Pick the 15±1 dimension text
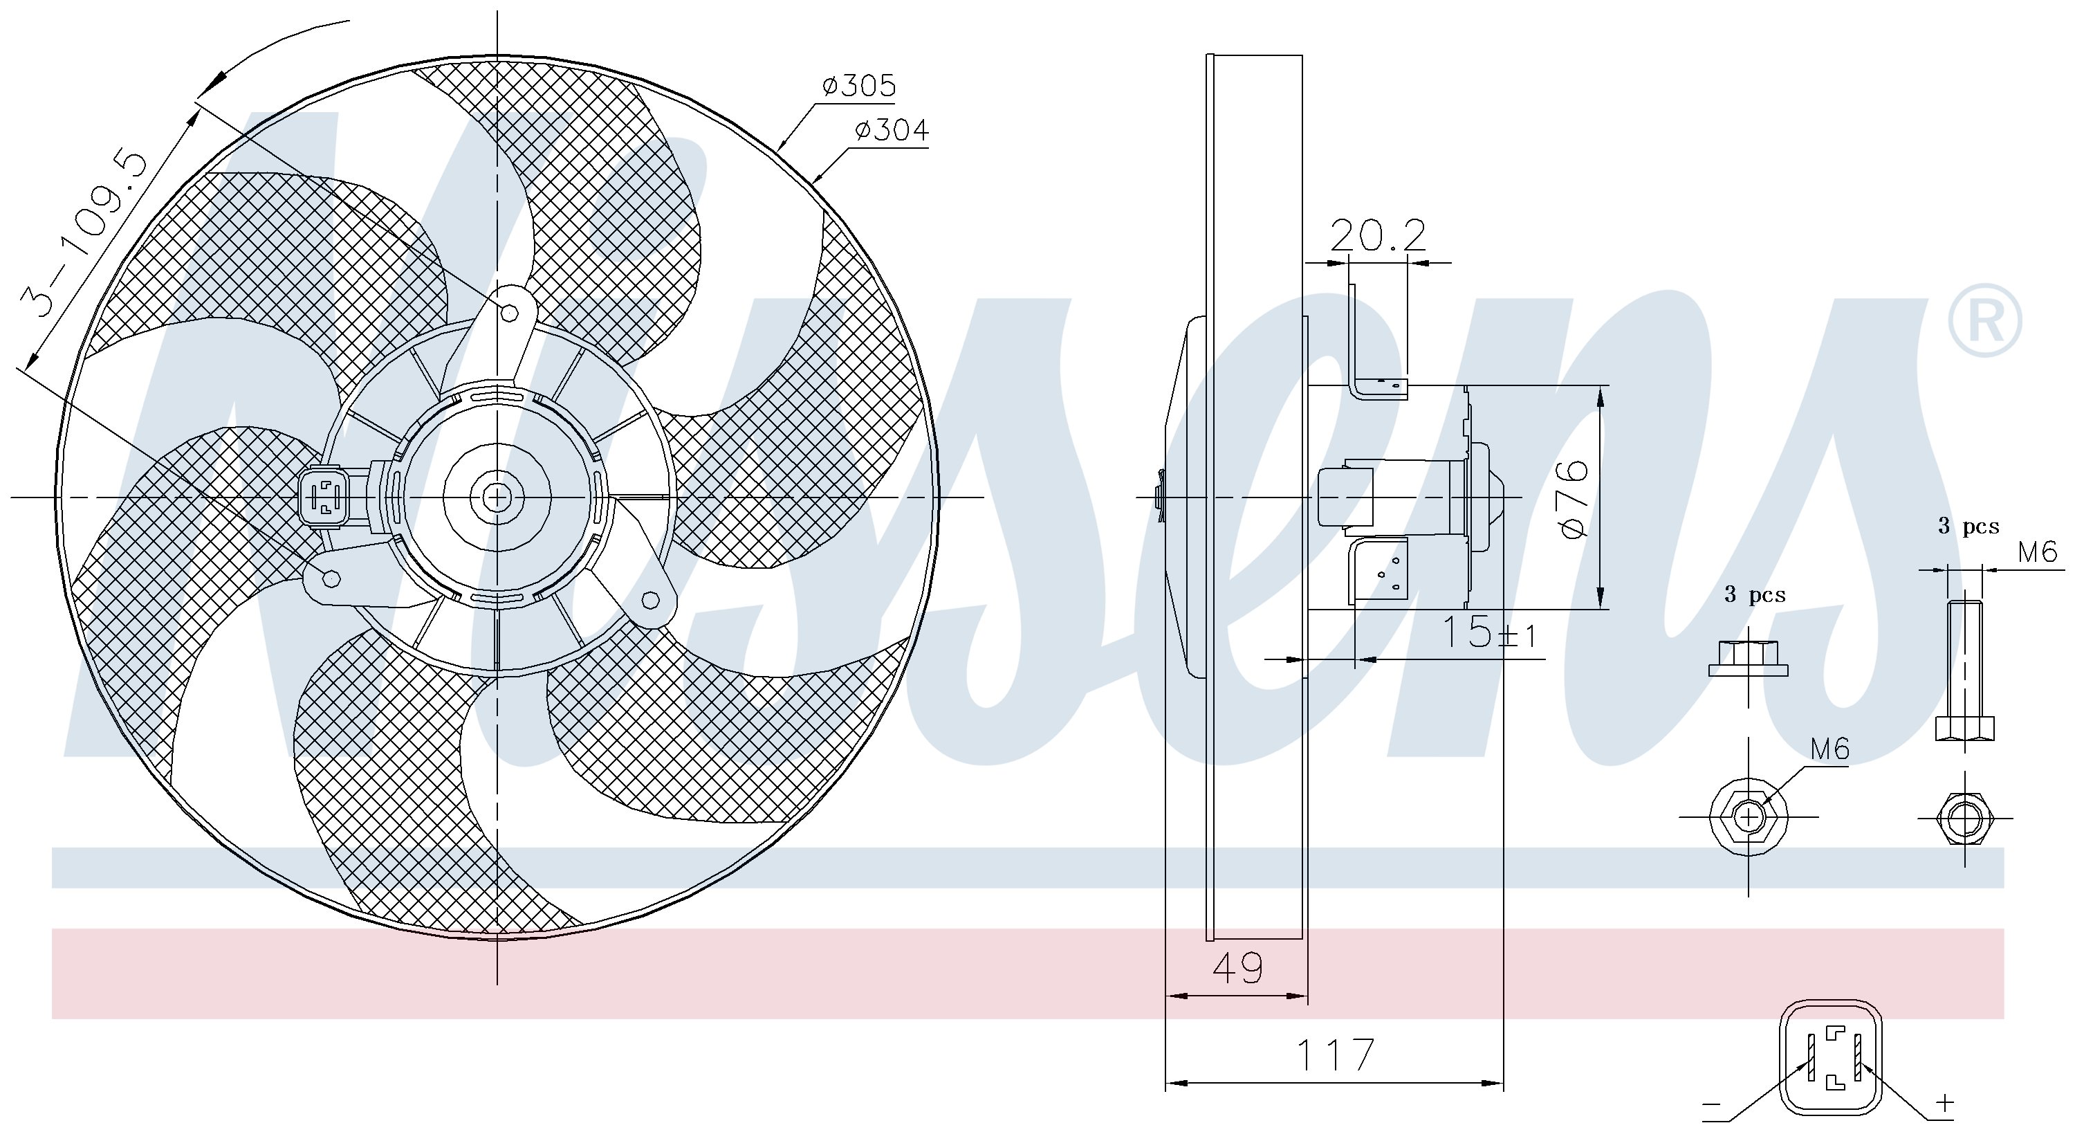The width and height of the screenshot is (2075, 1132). pos(1488,632)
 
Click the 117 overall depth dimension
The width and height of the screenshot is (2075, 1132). pos(1335,1055)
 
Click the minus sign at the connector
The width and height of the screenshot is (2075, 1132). pos(1711,1104)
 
